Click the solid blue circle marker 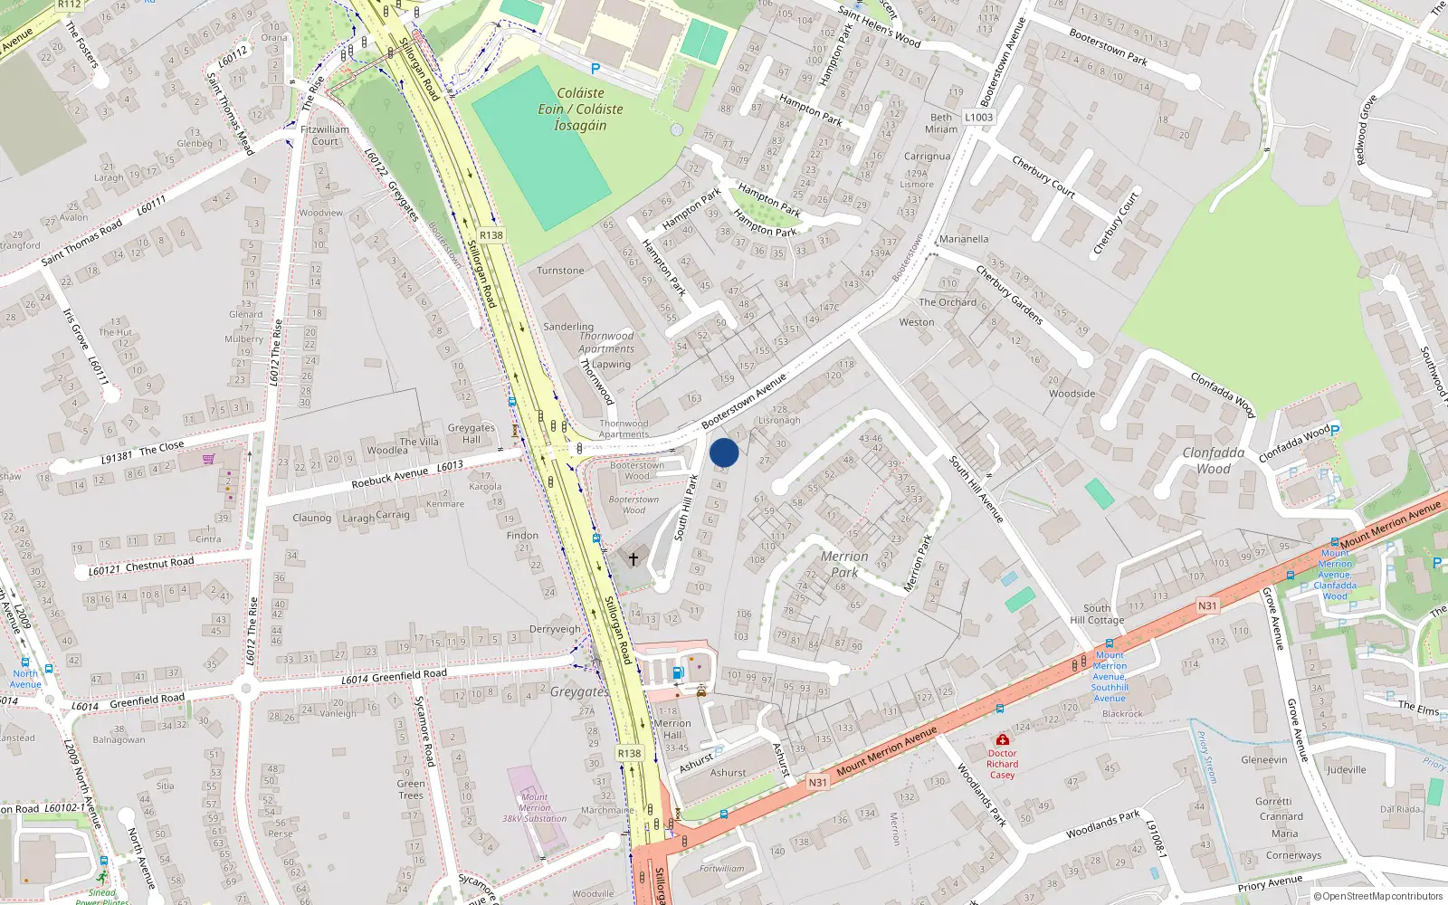724,452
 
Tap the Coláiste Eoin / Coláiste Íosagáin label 580,110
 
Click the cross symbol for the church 633,558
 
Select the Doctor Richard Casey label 1002,764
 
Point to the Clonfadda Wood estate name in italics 1214,460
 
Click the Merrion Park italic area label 844,564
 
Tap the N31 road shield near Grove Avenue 1207,605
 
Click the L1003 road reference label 978,117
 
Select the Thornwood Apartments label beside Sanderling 606,342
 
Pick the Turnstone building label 560,271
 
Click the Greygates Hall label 471,433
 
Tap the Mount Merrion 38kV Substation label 534,807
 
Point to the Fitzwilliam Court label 325,135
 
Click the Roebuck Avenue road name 390,477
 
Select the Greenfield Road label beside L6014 409,675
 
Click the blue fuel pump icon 677,672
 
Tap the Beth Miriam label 941,123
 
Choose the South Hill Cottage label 1097,614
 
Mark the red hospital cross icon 1002,739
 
